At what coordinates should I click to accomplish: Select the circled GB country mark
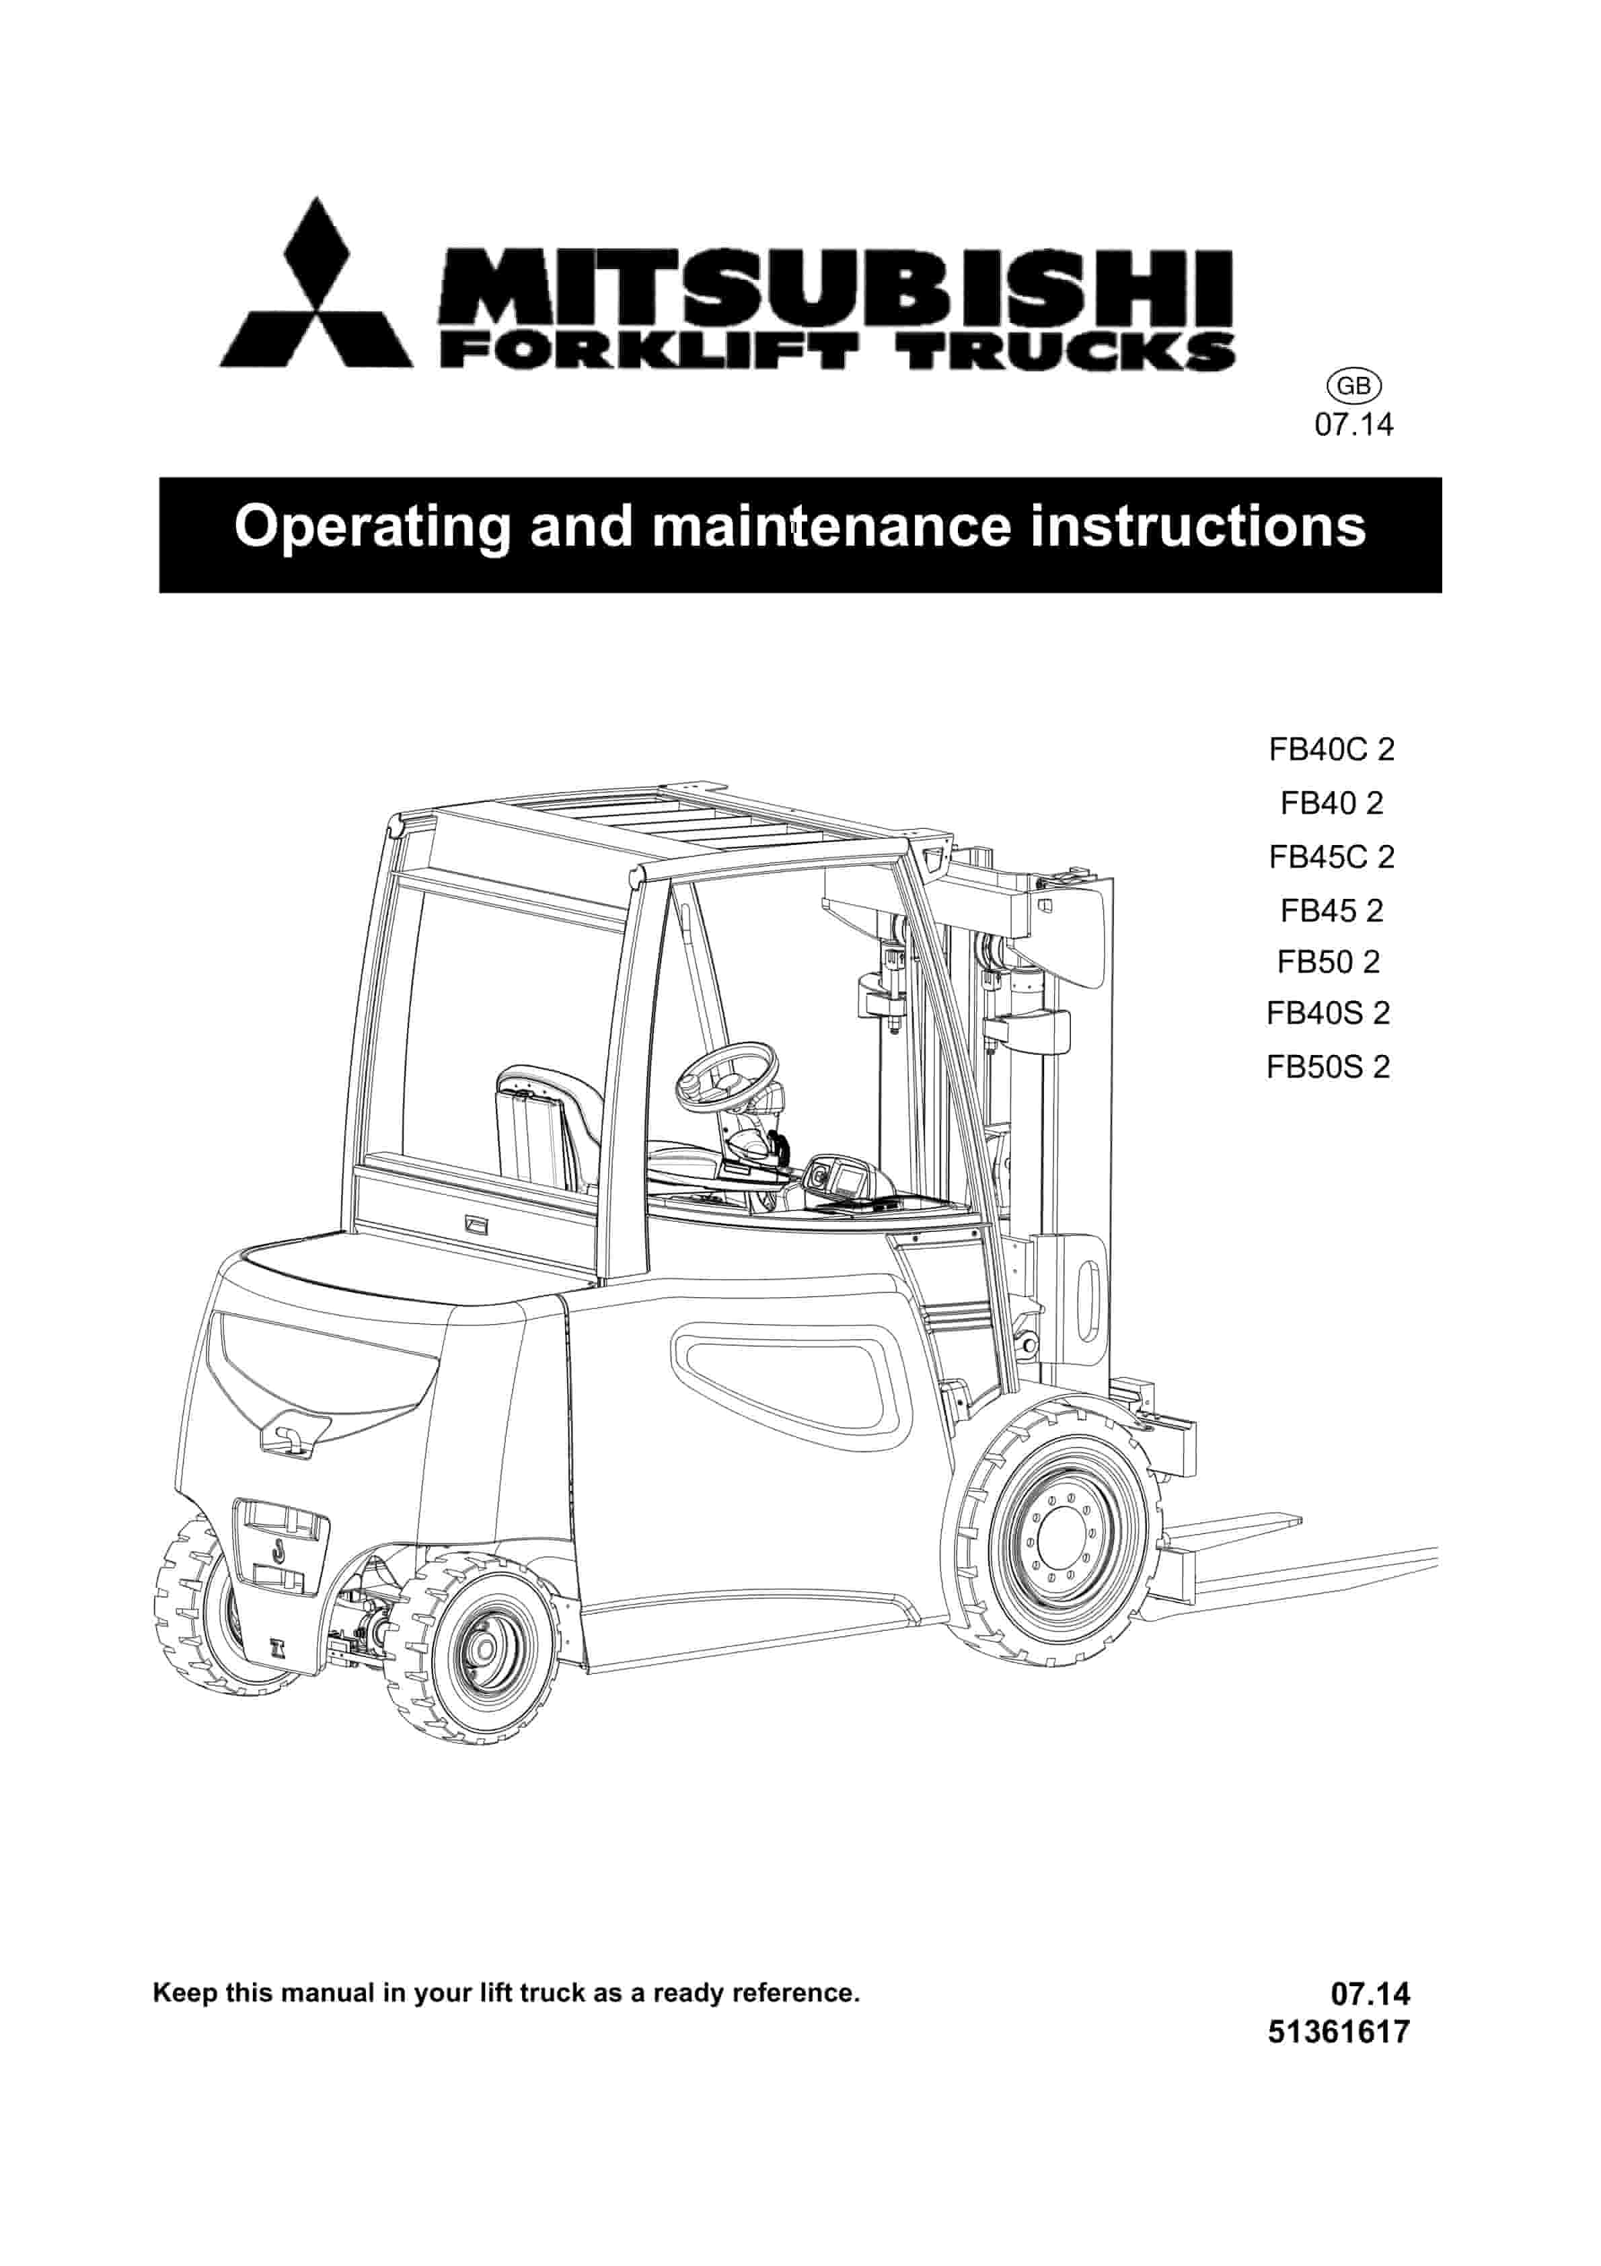click(1353, 386)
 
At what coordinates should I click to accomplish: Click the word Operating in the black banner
click(373, 527)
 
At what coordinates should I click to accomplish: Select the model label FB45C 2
click(1331, 856)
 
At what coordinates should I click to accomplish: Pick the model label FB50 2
click(1329, 961)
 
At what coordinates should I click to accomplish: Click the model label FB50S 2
click(1329, 1067)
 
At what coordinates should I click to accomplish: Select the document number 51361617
click(1339, 2031)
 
